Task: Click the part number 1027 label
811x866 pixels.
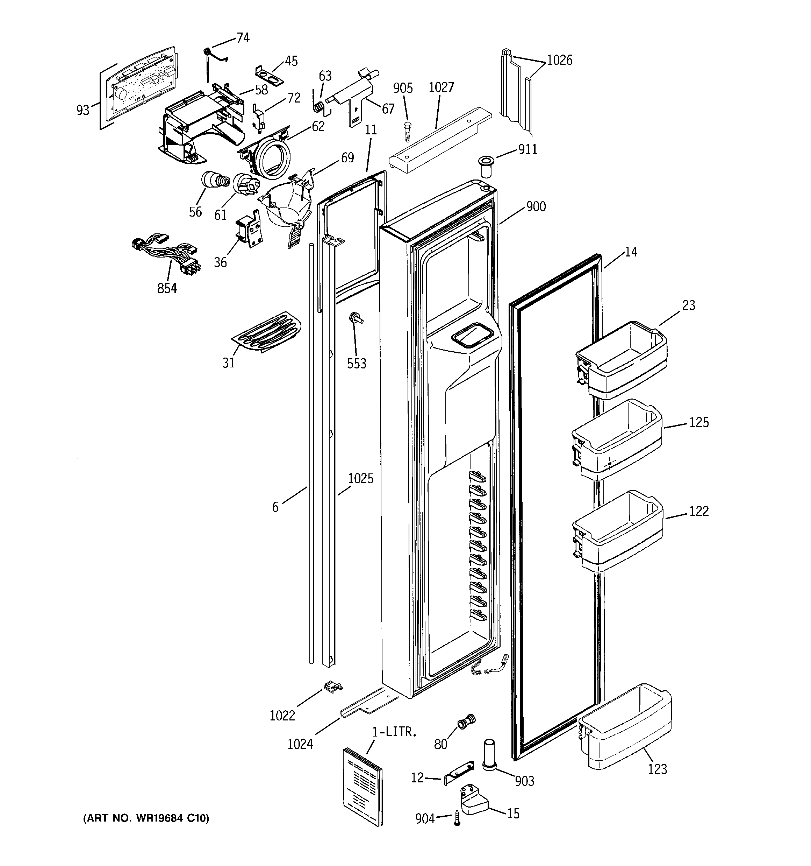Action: click(x=441, y=87)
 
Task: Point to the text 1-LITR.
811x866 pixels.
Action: click(x=394, y=732)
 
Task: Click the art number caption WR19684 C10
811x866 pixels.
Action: click(x=146, y=818)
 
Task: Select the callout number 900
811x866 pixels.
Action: click(x=536, y=206)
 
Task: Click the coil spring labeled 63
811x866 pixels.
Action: click(x=319, y=107)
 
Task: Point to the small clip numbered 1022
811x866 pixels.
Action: click(x=332, y=688)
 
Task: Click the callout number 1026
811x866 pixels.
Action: click(x=559, y=60)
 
